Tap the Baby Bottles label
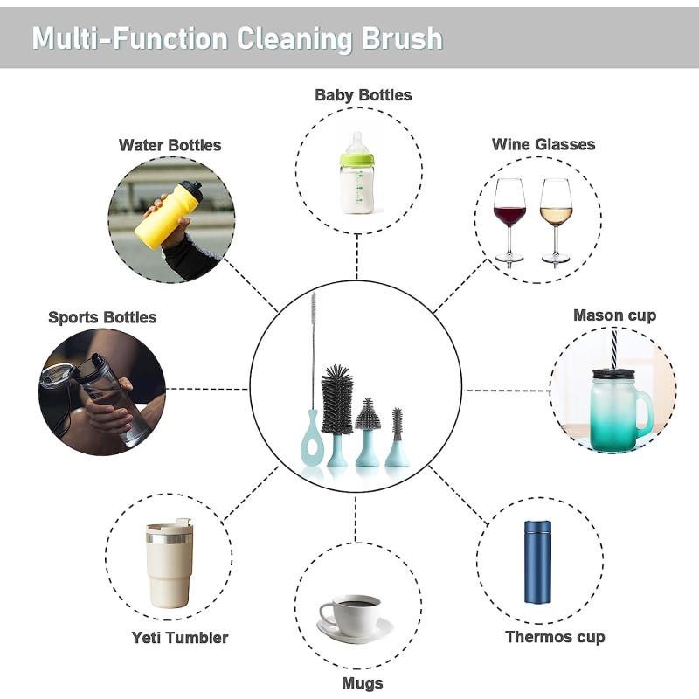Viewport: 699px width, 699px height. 363,94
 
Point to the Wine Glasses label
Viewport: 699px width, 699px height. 543,144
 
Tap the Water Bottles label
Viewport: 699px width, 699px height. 170,145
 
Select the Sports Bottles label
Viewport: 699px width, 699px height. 102,317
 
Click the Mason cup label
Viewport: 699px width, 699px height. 614,315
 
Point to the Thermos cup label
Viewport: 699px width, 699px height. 555,637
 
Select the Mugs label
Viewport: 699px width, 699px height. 362,682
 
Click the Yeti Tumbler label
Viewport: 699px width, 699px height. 180,638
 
